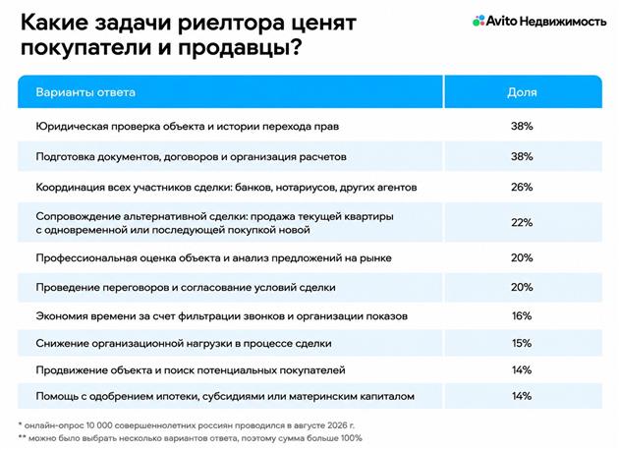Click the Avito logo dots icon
(x=478, y=21)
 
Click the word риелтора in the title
(x=230, y=23)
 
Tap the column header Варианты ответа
(x=85, y=92)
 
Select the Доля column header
(x=522, y=92)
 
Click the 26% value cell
(x=522, y=187)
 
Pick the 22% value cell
(x=522, y=223)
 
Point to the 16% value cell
(x=522, y=316)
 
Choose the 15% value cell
(x=522, y=343)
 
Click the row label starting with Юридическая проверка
(x=188, y=127)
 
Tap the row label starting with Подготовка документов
(x=191, y=157)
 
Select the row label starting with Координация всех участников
(x=226, y=187)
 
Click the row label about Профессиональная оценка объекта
(x=213, y=258)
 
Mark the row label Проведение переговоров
(x=186, y=287)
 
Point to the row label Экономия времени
(x=221, y=316)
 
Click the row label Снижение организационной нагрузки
(x=184, y=344)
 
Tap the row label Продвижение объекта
(x=191, y=370)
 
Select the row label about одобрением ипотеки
(x=225, y=396)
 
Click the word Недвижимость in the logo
(x=563, y=21)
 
